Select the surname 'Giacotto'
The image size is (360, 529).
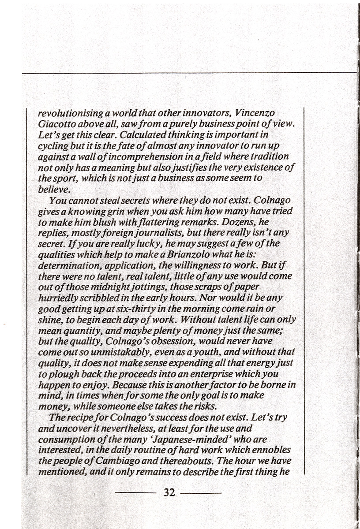pos(56,124)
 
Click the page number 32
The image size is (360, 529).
pos(169,492)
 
